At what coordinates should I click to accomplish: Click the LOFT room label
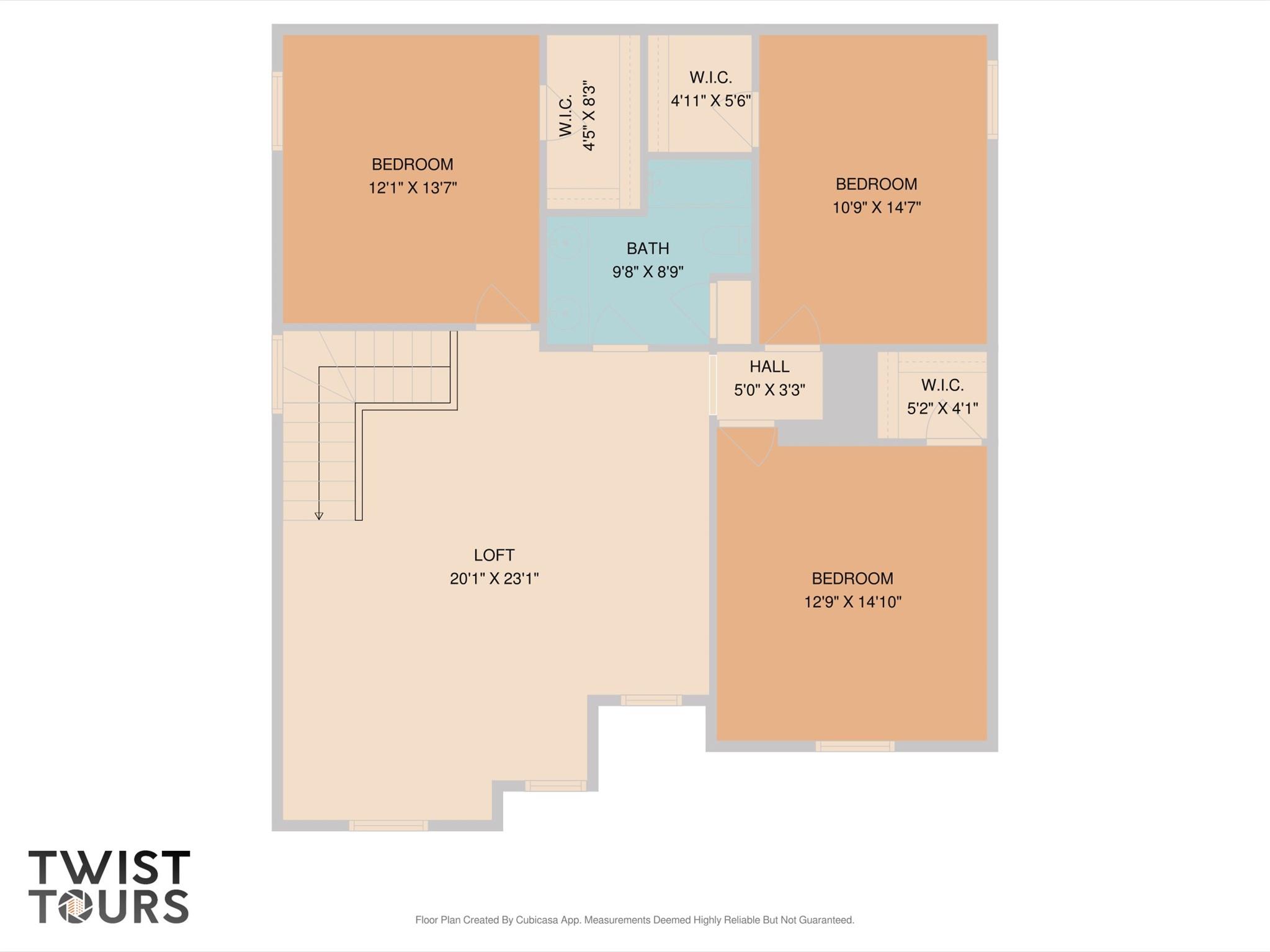(x=494, y=555)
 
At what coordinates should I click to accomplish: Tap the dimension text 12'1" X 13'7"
(x=413, y=188)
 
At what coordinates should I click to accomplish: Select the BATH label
(x=648, y=249)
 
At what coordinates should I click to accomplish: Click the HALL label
(x=769, y=367)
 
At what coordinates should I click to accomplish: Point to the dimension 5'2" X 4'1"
(x=942, y=409)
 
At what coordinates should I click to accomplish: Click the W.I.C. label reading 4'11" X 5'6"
(x=710, y=78)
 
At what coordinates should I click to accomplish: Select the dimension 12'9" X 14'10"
(x=852, y=602)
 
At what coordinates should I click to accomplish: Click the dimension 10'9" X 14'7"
(x=876, y=207)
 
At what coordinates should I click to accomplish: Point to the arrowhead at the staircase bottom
(x=319, y=516)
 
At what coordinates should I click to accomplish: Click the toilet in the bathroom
(x=726, y=241)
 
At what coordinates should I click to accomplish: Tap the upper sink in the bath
(x=565, y=242)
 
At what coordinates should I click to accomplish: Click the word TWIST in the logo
(x=109, y=868)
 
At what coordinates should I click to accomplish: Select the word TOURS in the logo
(x=109, y=906)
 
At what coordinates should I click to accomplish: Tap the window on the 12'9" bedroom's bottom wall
(x=854, y=746)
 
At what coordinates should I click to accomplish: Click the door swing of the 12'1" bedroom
(x=503, y=307)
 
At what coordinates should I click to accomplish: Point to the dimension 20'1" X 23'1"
(x=494, y=579)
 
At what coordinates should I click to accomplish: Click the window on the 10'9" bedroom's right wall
(x=992, y=99)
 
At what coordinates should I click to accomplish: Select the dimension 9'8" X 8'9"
(x=648, y=272)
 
